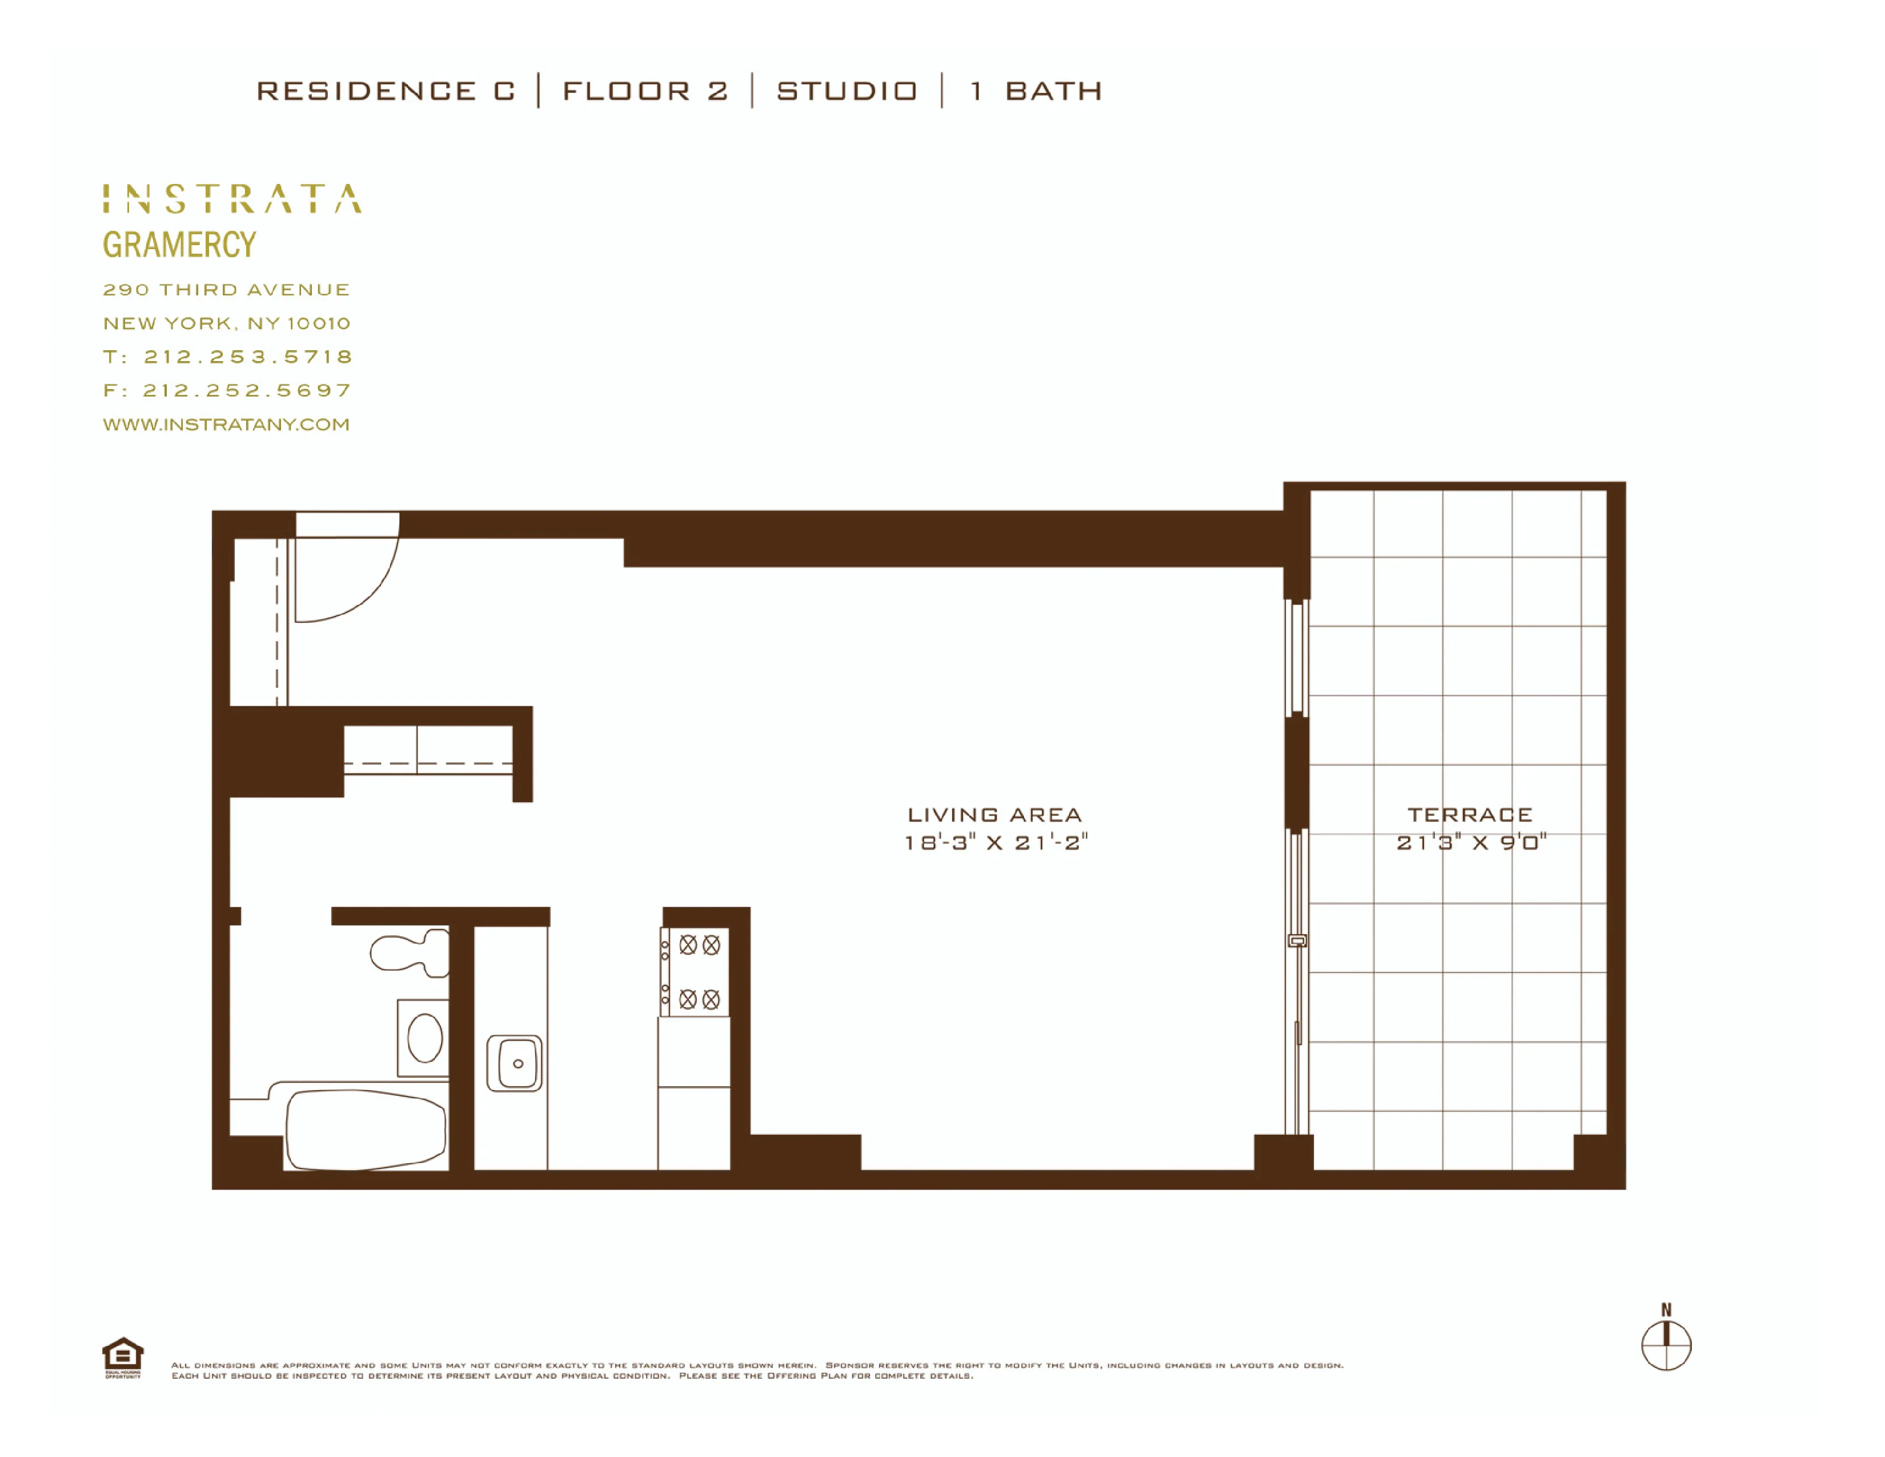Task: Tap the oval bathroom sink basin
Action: pos(424,1038)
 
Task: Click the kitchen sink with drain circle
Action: pos(515,1063)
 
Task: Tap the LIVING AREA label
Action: pos(994,815)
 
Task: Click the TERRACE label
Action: pos(1470,815)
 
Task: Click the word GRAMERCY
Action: pos(179,245)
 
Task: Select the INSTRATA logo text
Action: pos(232,198)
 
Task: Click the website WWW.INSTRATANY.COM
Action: pos(226,425)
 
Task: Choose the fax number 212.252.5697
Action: pos(247,390)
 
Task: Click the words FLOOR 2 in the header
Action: pos(645,91)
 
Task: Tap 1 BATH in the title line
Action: pos(1036,91)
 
